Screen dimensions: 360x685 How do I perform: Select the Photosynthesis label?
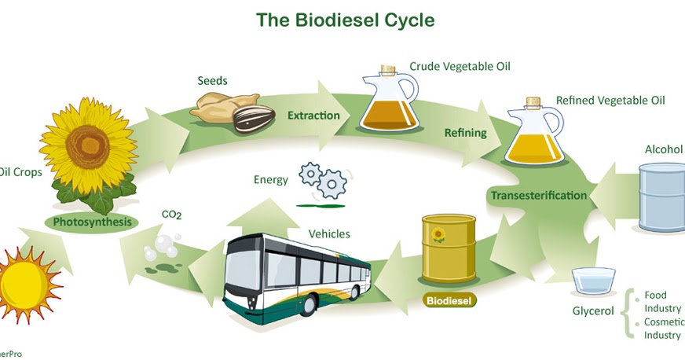[92, 222]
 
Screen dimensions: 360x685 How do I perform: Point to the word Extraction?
[313, 116]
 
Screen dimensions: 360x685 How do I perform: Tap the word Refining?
[465, 133]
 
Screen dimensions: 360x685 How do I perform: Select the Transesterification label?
[538, 195]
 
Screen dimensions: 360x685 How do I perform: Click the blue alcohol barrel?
[661, 196]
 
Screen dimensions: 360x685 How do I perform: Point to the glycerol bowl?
[593, 281]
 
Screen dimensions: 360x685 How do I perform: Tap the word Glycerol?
[593, 312]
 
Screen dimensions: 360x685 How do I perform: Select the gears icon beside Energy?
[323, 180]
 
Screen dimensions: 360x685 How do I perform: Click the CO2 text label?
[171, 214]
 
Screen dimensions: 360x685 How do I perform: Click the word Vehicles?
[329, 233]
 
